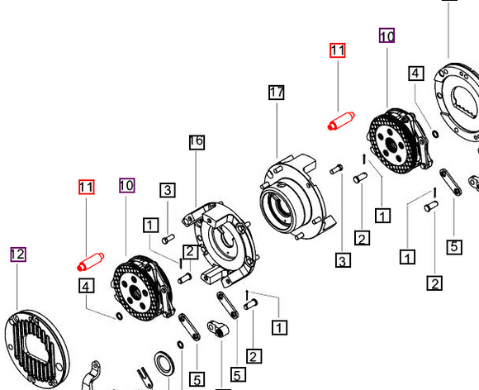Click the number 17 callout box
(276, 93)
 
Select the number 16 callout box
(196, 141)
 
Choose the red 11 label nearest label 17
(337, 50)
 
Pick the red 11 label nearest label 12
(86, 187)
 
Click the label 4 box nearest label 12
(86, 286)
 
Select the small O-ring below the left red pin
(121, 315)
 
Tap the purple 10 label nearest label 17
(387, 36)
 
